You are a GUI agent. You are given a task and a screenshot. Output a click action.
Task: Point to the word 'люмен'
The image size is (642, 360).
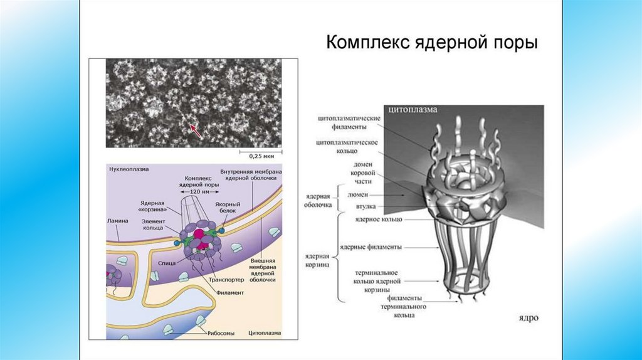359,194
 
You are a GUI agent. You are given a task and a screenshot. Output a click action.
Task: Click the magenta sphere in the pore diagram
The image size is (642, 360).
199,236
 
